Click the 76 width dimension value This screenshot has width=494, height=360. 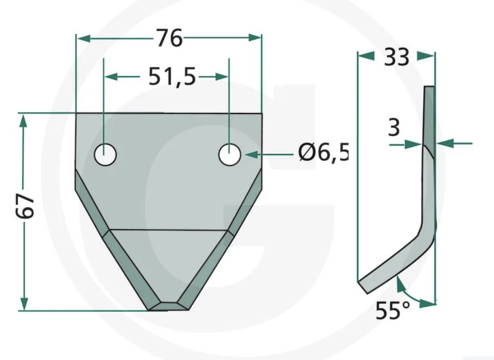click(x=170, y=38)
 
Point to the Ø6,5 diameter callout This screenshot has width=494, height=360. click(x=323, y=154)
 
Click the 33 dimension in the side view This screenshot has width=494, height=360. click(x=396, y=57)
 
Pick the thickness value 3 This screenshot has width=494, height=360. click(x=394, y=128)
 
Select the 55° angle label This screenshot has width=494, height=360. click(x=393, y=310)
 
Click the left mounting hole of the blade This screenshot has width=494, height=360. click(x=105, y=154)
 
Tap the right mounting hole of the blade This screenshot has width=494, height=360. click(x=230, y=154)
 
